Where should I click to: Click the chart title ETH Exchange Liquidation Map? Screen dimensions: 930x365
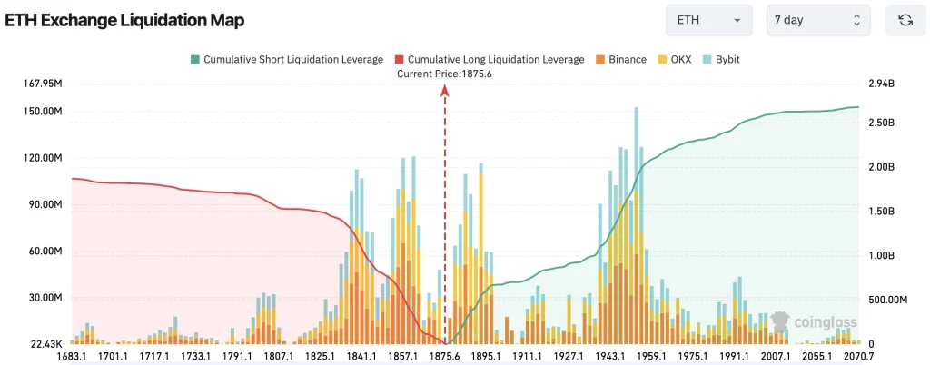click(124, 20)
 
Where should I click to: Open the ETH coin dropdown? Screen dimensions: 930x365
click(708, 20)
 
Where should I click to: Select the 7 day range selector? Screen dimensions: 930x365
click(817, 20)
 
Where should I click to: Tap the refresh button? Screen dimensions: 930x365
click(905, 20)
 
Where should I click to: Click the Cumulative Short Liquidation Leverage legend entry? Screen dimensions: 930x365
click(286, 59)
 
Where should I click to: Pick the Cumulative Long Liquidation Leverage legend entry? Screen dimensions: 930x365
click(490, 59)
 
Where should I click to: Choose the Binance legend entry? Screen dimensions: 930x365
click(620, 59)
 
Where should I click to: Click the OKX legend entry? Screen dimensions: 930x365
click(675, 59)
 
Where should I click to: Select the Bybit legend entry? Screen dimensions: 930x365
click(721, 59)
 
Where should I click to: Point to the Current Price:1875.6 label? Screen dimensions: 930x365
click(445, 74)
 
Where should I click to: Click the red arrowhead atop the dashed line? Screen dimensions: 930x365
click(445, 90)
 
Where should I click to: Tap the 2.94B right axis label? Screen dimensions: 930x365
click(881, 84)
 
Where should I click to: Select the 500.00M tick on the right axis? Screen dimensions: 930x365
click(888, 300)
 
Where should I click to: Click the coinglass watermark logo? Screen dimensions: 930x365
click(814, 321)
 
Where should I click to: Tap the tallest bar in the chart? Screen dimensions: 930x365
click(637, 225)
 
